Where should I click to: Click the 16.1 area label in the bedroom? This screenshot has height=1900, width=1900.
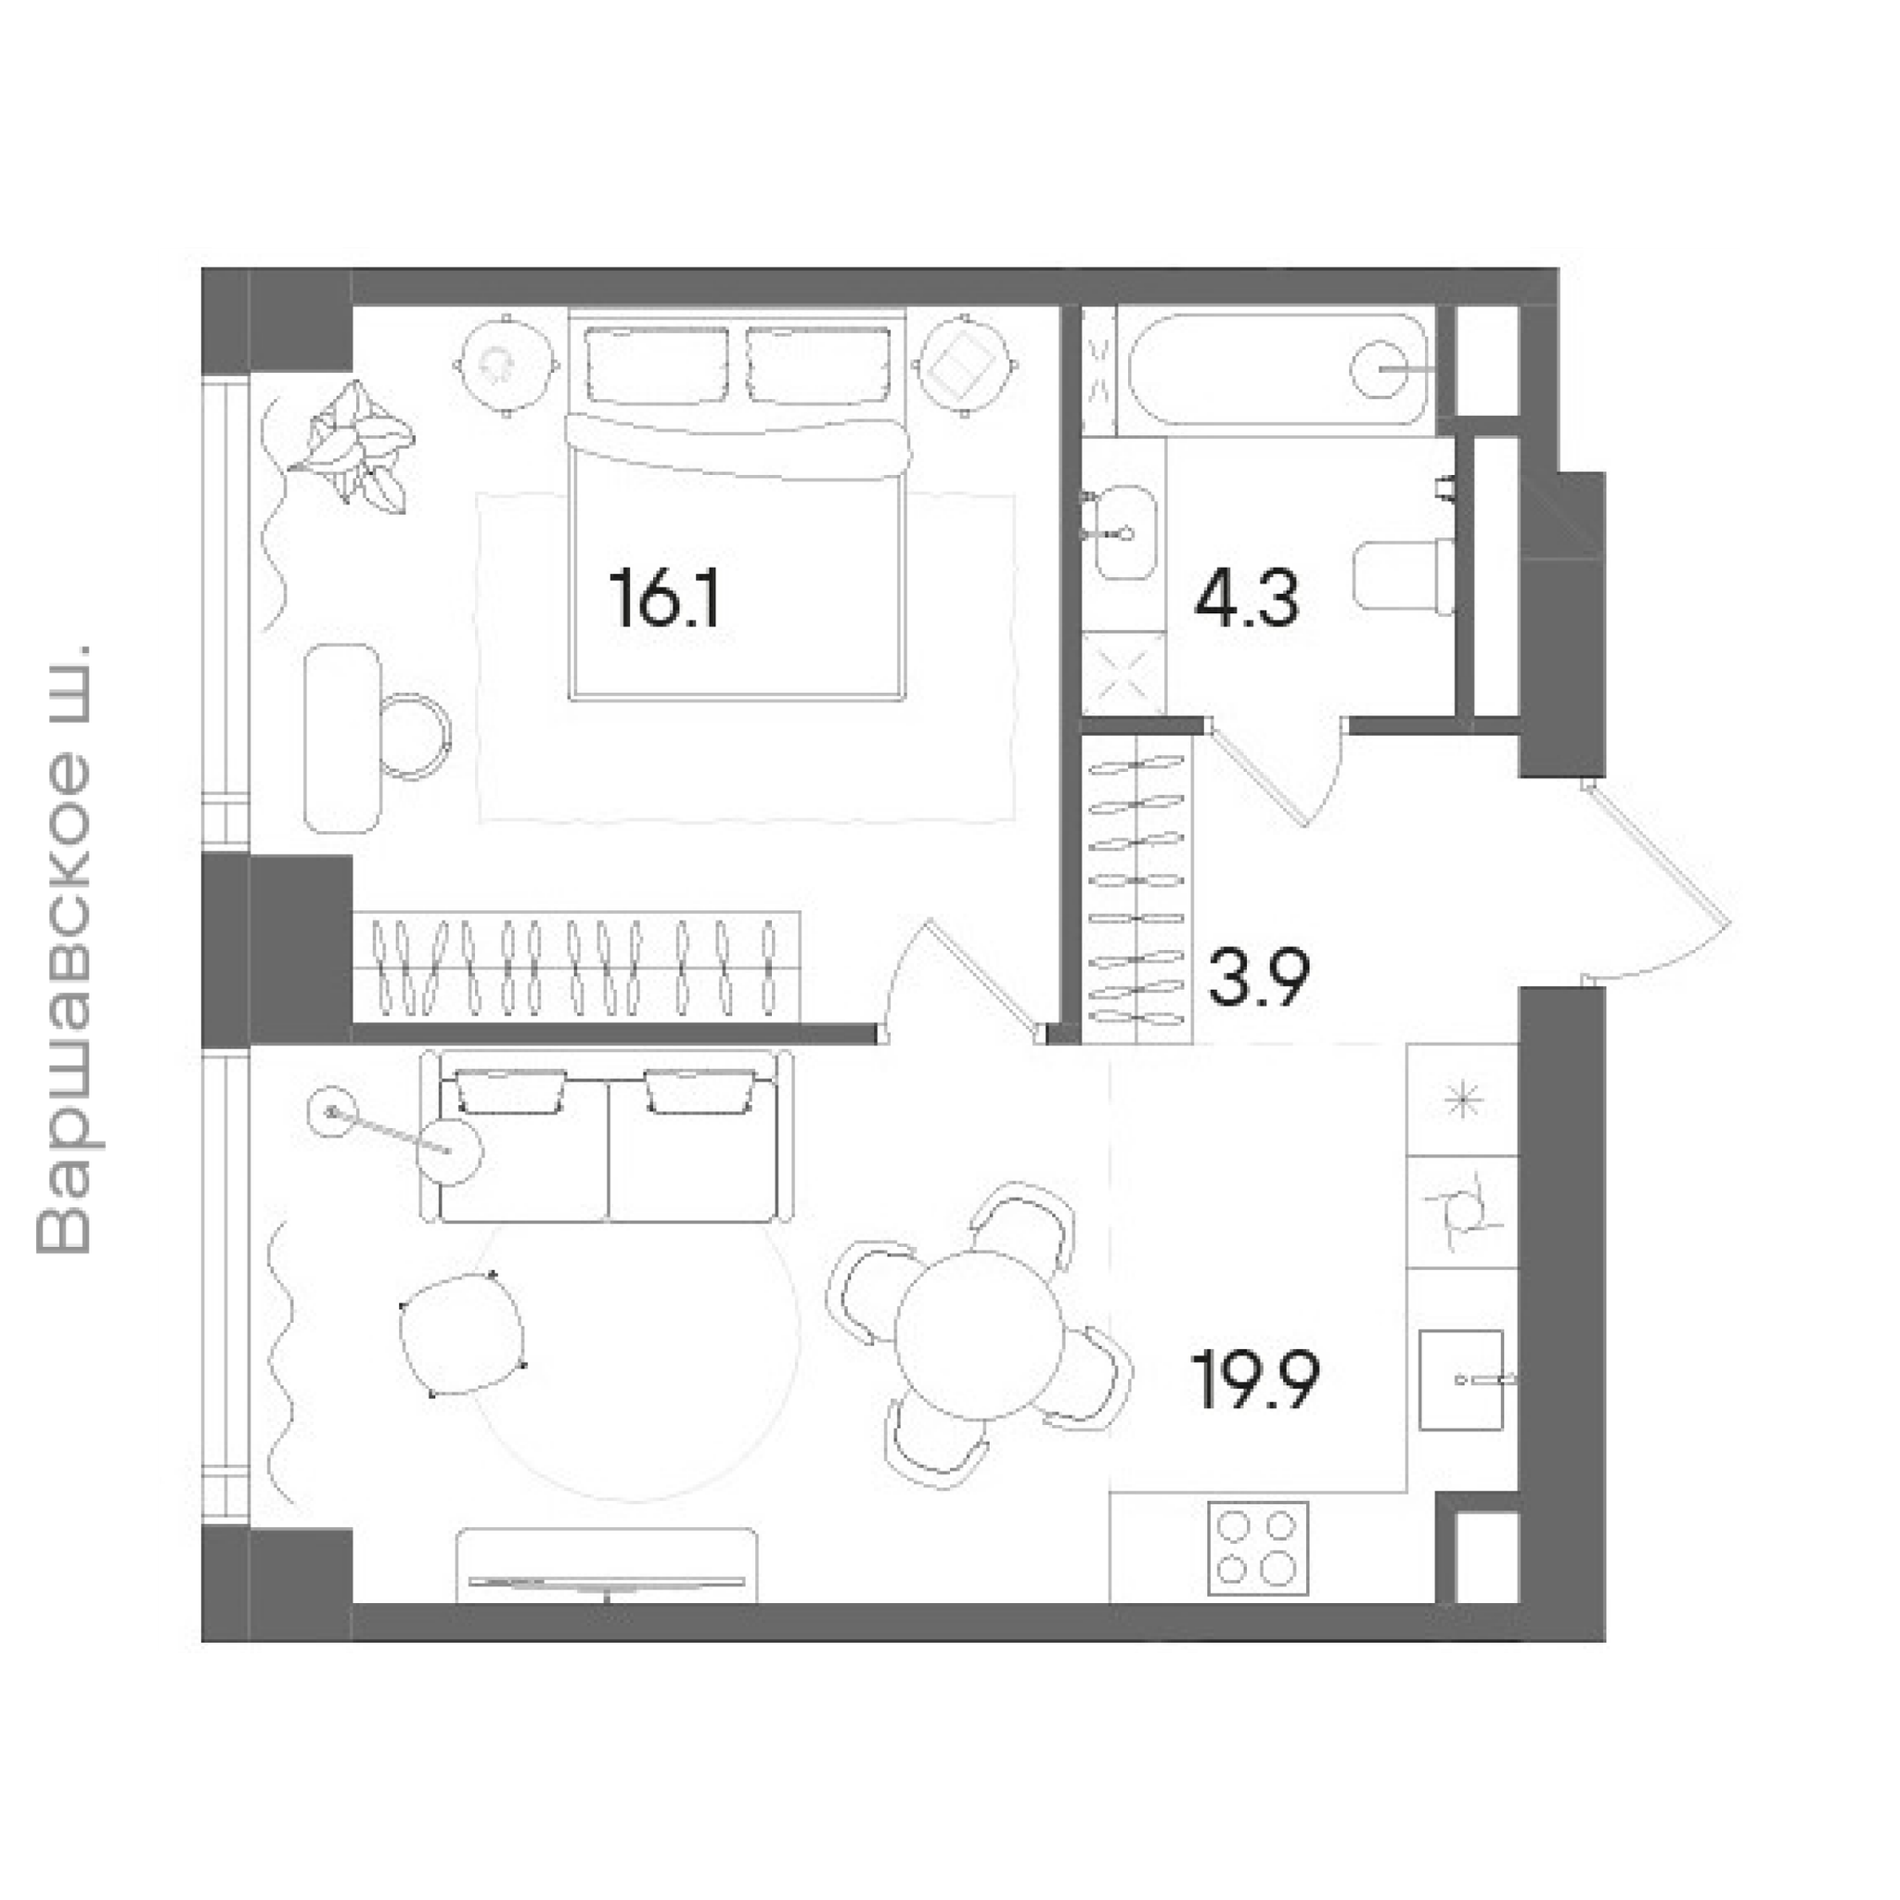[x=666, y=599]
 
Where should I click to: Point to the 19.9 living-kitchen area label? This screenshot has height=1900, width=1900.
[x=1256, y=1380]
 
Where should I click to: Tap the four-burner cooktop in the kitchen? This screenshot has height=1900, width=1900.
[x=1258, y=1549]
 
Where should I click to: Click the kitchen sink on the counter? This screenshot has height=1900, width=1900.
[x=1461, y=1380]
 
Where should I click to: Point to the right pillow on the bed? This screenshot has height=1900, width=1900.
[x=818, y=365]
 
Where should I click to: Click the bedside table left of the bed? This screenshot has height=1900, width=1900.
[x=507, y=366]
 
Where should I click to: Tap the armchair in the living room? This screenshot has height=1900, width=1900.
[x=462, y=1334]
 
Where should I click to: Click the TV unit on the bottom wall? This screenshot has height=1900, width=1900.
[x=607, y=1566]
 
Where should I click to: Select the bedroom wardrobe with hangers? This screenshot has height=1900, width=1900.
[x=576, y=967]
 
